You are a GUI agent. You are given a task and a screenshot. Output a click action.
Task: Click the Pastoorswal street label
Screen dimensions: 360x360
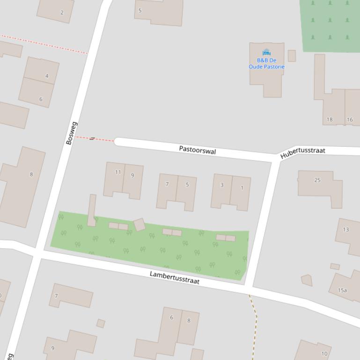pyautogui.click(x=197, y=150)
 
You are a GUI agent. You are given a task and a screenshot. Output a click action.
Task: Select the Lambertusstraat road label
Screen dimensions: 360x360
pyautogui.click(x=175, y=277)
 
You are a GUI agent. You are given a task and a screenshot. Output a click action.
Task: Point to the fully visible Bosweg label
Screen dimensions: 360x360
pyautogui.click(x=71, y=133)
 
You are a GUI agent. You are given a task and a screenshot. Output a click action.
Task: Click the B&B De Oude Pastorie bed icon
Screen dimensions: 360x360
pyautogui.click(x=266, y=52)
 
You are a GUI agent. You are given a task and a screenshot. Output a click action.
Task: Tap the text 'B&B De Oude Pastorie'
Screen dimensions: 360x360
pyautogui.click(x=266, y=64)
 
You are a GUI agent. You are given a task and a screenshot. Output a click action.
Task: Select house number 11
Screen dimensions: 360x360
pyautogui.click(x=118, y=172)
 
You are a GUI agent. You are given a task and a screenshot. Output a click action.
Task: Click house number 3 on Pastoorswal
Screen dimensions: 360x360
pyautogui.click(x=222, y=185)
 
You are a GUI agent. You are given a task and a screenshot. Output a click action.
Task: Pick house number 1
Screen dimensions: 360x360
pyautogui.click(x=242, y=188)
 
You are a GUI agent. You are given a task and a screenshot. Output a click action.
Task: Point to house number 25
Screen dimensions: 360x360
pyautogui.click(x=317, y=180)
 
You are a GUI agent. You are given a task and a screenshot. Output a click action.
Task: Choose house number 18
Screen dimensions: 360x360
pyautogui.click(x=330, y=119)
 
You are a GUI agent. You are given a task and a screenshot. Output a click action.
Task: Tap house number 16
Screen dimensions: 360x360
pyautogui.click(x=350, y=119)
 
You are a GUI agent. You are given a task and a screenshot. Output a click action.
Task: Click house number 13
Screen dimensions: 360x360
pyautogui.click(x=346, y=230)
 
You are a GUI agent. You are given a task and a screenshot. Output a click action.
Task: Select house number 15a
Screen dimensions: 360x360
pyautogui.click(x=342, y=290)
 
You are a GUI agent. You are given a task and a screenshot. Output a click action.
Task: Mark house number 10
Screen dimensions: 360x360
pyautogui.click(x=324, y=354)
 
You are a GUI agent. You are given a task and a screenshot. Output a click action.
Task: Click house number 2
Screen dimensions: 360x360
pyautogui.click(x=62, y=13)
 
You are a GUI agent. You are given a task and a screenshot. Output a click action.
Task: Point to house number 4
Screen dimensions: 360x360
pyautogui.click(x=47, y=76)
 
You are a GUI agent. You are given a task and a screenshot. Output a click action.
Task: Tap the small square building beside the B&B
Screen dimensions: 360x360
pyautogui.click(x=292, y=56)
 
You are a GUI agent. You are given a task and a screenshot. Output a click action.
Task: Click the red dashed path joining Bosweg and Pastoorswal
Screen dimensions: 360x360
pyautogui.click(x=95, y=138)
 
